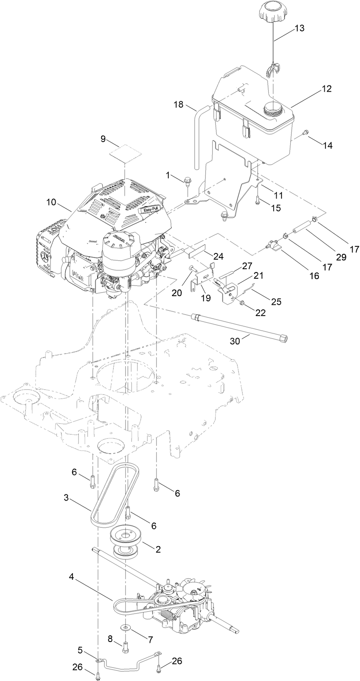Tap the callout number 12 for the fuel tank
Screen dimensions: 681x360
(326, 89)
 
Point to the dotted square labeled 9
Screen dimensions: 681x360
(126, 155)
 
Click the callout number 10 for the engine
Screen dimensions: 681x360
(51, 202)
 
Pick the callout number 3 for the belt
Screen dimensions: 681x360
(66, 497)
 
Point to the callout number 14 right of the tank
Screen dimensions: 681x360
(328, 146)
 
